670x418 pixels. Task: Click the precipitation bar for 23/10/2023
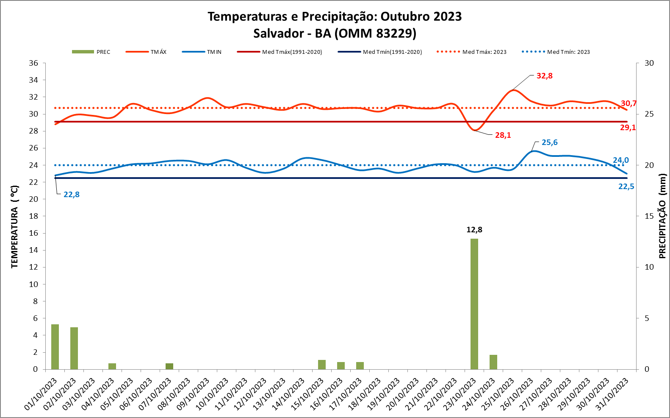474,304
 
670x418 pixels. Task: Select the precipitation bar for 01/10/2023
55,346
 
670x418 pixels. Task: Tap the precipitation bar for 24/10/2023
493,362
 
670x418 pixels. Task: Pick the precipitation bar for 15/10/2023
322,364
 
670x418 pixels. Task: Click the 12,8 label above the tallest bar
474,230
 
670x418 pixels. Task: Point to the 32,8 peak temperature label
544,76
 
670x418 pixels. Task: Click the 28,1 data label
503,135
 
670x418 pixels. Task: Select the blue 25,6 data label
549,142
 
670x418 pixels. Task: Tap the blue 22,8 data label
72,195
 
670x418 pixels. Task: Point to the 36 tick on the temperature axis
33,63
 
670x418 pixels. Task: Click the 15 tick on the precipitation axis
649,216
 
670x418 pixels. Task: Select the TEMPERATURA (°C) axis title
15,227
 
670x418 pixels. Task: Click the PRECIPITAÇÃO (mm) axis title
662,216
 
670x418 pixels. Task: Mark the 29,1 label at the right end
628,128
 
